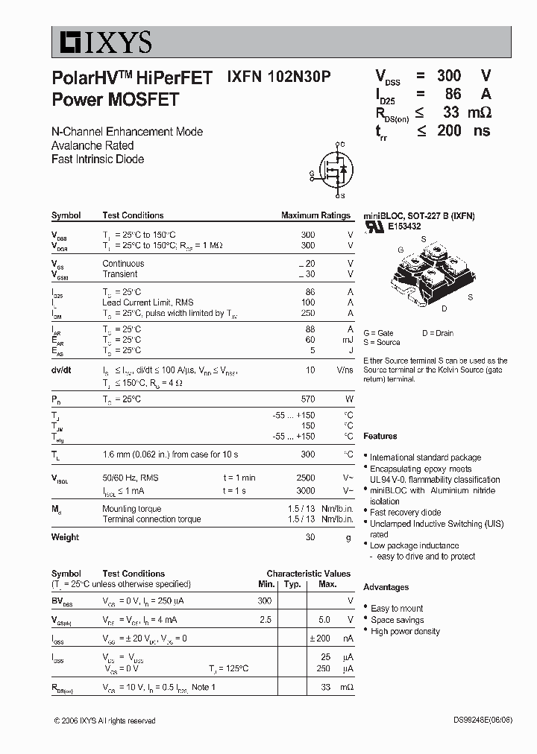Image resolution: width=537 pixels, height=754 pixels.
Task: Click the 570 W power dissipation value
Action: (x=307, y=399)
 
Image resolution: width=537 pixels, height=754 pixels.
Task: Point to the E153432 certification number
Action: (x=403, y=226)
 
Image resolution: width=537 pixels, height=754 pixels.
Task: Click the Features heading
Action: (x=380, y=436)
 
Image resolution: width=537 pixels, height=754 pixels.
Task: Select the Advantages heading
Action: (x=386, y=587)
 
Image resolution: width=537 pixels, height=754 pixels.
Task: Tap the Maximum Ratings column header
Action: (x=315, y=215)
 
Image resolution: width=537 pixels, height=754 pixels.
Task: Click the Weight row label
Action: (x=65, y=537)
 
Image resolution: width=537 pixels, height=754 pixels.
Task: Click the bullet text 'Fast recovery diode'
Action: (x=405, y=513)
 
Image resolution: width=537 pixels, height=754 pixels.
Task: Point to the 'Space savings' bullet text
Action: (x=397, y=620)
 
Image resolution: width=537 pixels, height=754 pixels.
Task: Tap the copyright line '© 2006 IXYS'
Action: (x=104, y=720)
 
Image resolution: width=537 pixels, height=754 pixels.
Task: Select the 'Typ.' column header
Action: (x=292, y=584)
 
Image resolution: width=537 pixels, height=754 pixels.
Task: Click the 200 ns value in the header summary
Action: (x=462, y=131)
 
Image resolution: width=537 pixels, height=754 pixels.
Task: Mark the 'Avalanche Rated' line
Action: (x=92, y=145)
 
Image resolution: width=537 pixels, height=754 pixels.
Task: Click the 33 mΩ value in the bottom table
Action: (x=325, y=687)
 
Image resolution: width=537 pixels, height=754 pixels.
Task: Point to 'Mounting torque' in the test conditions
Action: (x=131, y=509)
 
